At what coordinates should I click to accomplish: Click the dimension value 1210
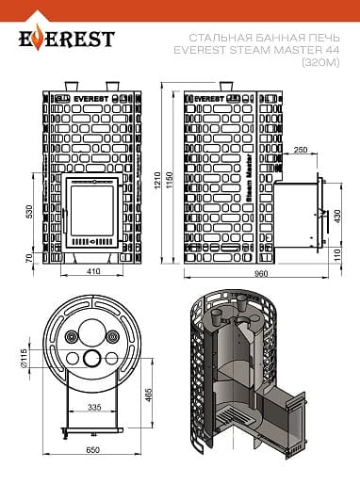click(x=157, y=180)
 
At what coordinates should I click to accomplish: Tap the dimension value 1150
click(x=170, y=180)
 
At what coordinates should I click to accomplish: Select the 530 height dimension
click(x=29, y=211)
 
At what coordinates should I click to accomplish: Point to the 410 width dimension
click(x=93, y=270)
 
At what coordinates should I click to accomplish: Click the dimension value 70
click(x=29, y=258)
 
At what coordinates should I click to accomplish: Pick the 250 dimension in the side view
click(x=301, y=150)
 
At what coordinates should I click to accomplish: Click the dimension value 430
click(x=337, y=217)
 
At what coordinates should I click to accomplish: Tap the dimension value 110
click(x=337, y=255)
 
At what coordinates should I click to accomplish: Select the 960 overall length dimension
click(x=261, y=274)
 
